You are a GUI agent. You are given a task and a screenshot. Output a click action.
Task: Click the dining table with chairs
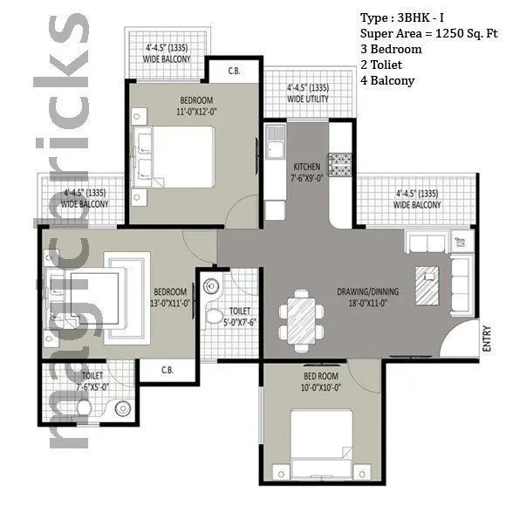pos(298,315)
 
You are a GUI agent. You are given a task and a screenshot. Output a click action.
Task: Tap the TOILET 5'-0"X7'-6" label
pos(240,316)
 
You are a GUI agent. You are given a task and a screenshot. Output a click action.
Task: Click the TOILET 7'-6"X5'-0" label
pos(92,382)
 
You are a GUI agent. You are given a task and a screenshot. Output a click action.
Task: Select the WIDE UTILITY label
pos(308,93)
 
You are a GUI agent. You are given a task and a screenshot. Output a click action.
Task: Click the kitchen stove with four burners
pos(338,162)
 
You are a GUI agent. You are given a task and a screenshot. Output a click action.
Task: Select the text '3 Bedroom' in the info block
pos(391,49)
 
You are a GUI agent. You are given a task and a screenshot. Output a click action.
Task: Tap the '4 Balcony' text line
pos(387,80)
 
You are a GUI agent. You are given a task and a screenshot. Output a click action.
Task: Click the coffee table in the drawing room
pos(427,284)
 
